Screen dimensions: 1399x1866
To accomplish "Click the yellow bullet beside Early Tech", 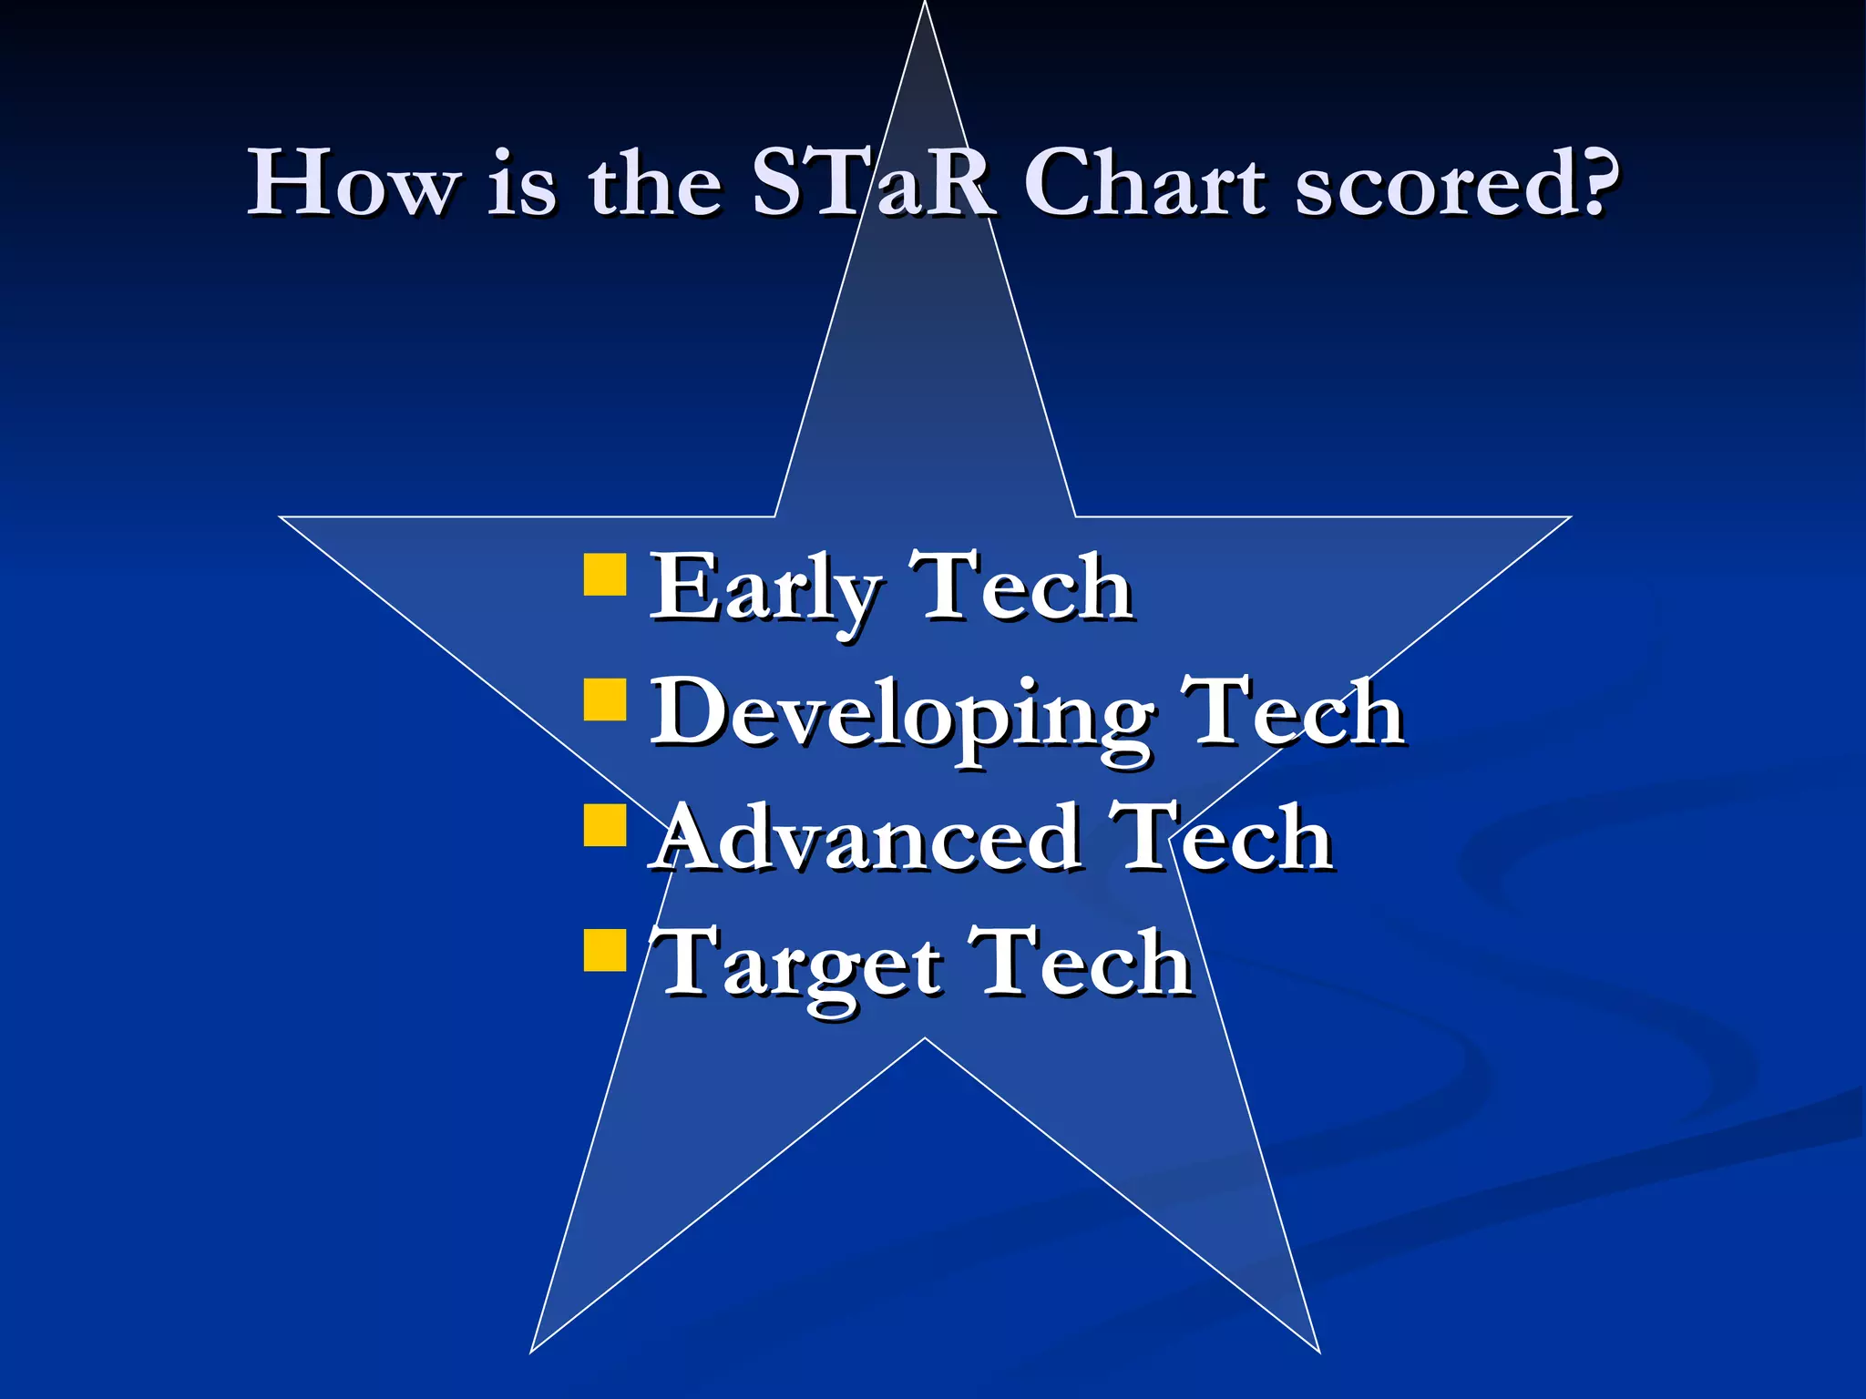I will [x=605, y=574].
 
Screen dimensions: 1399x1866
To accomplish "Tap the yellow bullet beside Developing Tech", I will [x=605, y=699].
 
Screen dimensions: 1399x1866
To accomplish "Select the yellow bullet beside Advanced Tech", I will [x=605, y=824].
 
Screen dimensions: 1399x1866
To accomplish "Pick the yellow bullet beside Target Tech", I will [x=605, y=950].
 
